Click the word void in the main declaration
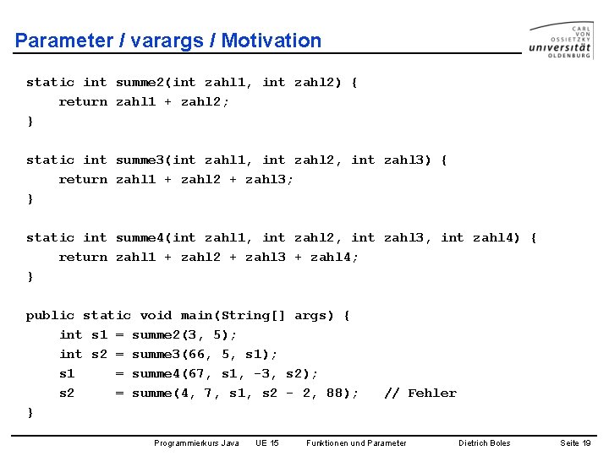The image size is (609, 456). tap(156, 315)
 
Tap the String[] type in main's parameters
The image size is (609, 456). tap(253, 315)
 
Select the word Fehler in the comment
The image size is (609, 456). tap(432, 393)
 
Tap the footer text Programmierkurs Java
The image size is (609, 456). tap(196, 442)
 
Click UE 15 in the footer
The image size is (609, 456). tap(267, 442)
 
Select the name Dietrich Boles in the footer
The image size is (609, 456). tap(485, 442)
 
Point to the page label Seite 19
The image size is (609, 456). tap(576, 442)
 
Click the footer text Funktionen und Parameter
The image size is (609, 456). tap(356, 442)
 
